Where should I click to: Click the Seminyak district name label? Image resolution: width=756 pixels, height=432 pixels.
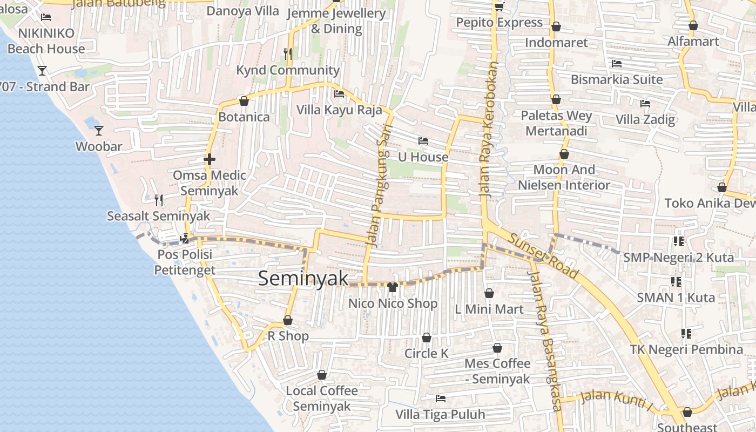[303, 279]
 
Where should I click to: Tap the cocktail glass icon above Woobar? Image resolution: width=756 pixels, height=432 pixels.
[99, 131]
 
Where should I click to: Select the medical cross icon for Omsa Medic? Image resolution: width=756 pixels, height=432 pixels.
[210, 159]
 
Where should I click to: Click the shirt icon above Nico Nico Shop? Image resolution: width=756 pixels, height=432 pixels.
[393, 287]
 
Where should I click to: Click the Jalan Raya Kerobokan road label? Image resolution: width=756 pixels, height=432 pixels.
[487, 130]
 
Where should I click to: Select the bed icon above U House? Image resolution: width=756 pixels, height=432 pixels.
[423, 141]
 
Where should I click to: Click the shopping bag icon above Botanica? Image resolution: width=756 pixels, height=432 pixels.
[244, 101]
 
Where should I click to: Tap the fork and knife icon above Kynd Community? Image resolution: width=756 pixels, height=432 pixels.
[288, 53]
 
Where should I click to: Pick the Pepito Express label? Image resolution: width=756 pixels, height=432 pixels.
[499, 23]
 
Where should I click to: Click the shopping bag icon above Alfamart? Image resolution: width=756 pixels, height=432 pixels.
[693, 25]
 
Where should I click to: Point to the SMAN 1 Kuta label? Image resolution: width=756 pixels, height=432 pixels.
[676, 298]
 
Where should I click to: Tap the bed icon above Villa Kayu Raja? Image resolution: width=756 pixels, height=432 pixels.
[339, 94]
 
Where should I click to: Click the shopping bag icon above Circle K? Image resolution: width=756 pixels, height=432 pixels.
[427, 337]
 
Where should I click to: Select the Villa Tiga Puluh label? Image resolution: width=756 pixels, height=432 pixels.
[440, 415]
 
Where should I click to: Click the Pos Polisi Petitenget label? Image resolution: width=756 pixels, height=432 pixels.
[185, 262]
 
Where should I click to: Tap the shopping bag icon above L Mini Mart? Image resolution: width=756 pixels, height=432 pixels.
[489, 293]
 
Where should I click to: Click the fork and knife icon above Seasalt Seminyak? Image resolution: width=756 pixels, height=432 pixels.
[159, 200]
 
